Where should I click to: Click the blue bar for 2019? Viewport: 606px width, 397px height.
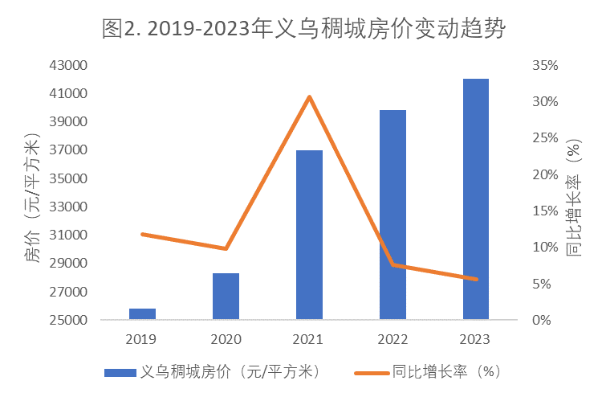click(142, 314)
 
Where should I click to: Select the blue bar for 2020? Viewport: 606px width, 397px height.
click(226, 297)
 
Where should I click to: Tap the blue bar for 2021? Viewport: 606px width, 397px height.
click(309, 235)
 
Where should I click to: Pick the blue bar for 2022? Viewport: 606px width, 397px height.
click(392, 215)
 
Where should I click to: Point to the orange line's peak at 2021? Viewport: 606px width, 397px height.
click(309, 97)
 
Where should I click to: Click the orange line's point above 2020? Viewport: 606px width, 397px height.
click(226, 248)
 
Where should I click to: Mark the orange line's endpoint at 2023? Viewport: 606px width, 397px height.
click(476, 279)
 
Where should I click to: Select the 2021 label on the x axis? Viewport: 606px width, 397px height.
click(309, 339)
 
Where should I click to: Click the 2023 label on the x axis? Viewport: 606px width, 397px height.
click(476, 339)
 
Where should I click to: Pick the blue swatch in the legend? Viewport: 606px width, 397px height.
click(120, 372)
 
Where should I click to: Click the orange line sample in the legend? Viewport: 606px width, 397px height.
click(372, 372)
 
